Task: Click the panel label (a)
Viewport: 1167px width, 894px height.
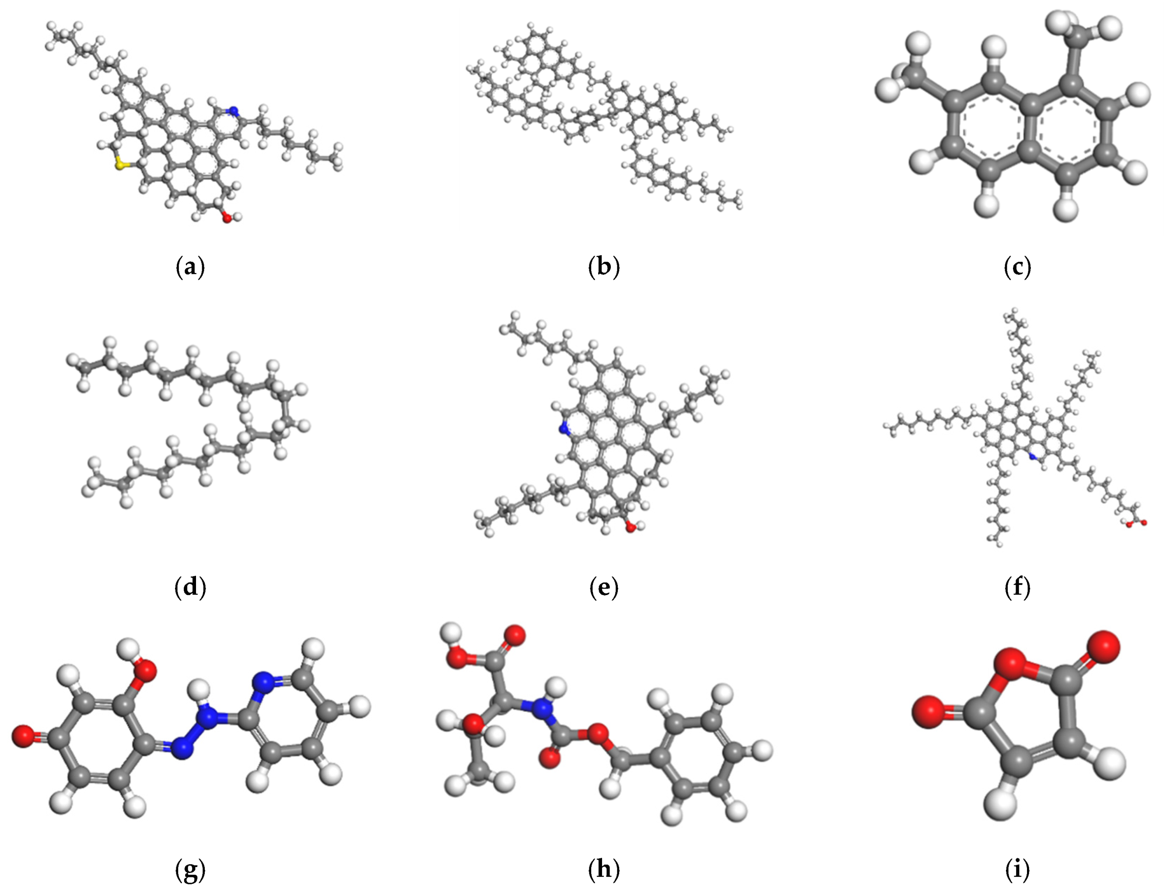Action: point(190,267)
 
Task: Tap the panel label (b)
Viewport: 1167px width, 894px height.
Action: point(604,267)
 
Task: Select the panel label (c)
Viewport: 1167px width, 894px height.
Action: point(1017,267)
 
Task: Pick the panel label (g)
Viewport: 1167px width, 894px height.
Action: point(190,869)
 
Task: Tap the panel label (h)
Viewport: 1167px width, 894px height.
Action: point(604,869)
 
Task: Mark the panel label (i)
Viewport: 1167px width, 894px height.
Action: point(1017,869)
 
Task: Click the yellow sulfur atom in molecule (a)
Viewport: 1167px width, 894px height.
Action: point(122,165)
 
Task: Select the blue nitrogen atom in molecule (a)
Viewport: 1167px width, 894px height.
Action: point(232,111)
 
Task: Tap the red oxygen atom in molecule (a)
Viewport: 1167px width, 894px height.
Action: point(227,217)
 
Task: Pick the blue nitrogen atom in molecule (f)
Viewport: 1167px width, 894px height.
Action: point(1032,456)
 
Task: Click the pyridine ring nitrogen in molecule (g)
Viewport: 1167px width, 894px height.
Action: point(264,682)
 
